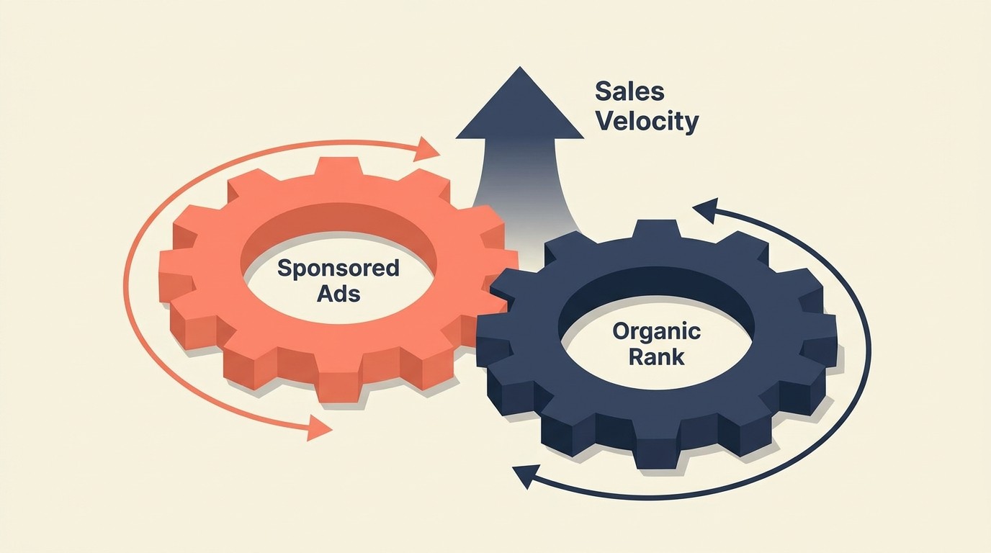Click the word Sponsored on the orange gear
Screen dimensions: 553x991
(x=338, y=269)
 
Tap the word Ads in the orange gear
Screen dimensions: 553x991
(x=338, y=293)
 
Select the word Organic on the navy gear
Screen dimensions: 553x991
(x=656, y=331)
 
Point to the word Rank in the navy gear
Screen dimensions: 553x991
(x=656, y=356)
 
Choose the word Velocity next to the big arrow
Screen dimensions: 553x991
(x=647, y=121)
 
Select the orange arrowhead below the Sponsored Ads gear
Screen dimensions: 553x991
(x=319, y=427)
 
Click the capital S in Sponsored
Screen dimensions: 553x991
(x=284, y=269)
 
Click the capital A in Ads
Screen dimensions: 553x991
(x=323, y=293)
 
